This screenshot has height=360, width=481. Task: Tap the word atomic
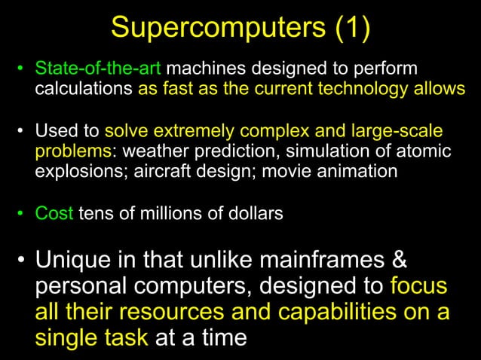coord(425,151)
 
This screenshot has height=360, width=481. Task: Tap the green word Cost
coord(54,213)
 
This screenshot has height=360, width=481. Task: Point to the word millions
coord(167,213)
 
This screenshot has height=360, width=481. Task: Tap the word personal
coord(91,286)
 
